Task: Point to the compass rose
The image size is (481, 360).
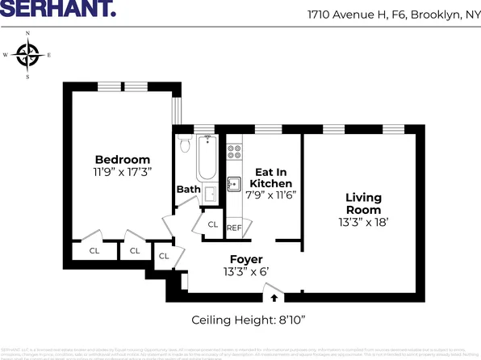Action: click(29, 56)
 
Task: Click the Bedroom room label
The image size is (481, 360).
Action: click(122, 159)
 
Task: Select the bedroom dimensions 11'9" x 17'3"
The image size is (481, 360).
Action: click(122, 172)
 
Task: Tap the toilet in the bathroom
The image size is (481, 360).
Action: click(184, 146)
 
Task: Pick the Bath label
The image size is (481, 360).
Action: click(188, 190)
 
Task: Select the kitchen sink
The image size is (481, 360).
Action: click(234, 183)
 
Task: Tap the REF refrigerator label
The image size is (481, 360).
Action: click(234, 228)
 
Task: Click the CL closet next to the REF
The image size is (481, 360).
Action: click(213, 224)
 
